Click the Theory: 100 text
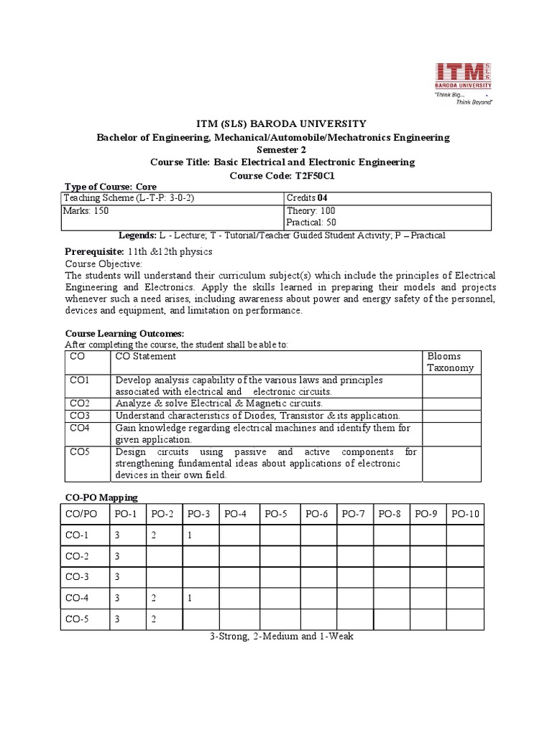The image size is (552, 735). pos(311,211)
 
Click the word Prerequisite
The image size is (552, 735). pos(94,252)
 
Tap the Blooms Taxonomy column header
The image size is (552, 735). pos(450,362)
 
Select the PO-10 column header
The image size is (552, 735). pos(465,513)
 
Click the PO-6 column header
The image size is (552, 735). pos(316,513)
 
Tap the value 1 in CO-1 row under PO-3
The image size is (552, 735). pos(188,535)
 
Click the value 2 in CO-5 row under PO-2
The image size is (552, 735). pos(153,619)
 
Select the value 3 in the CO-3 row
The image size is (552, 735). pos(116,576)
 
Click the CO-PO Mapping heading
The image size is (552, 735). pos(101,497)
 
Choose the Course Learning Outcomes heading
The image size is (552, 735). pos(125,333)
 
